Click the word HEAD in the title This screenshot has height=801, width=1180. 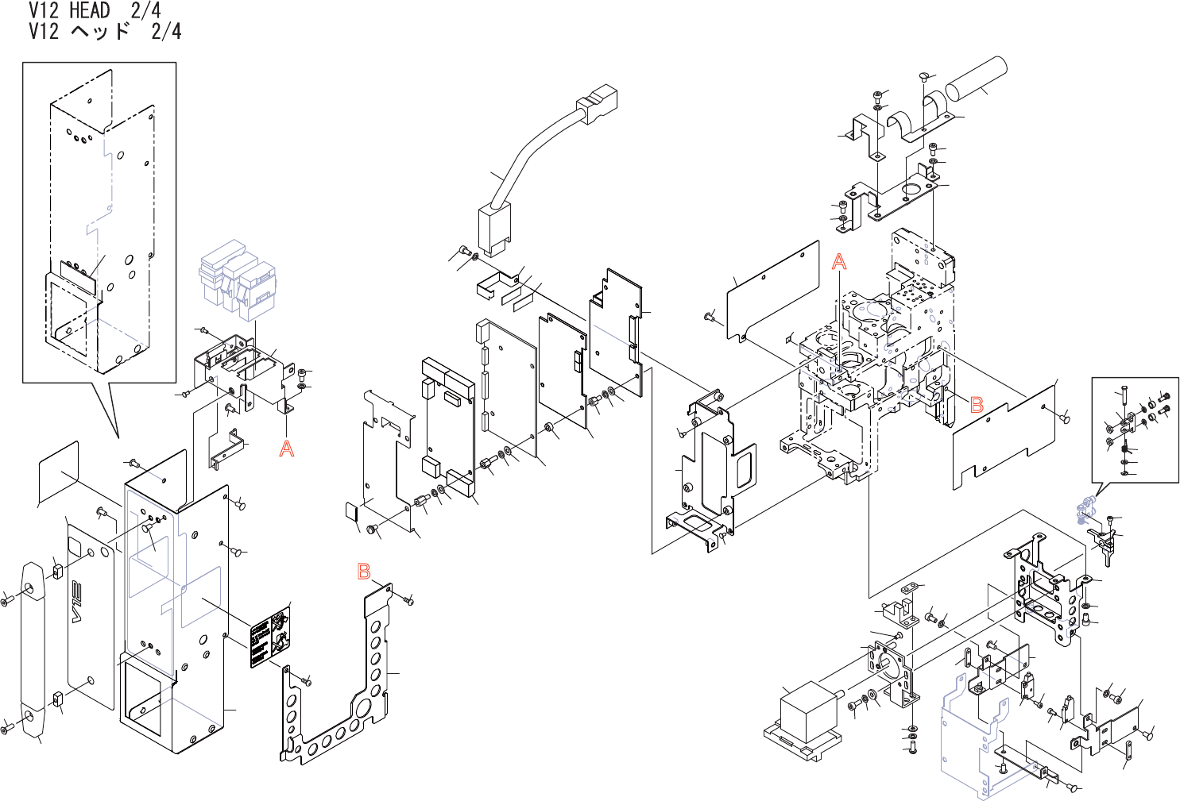pyautogui.click(x=89, y=10)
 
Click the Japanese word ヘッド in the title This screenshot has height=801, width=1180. pyautogui.click(x=100, y=31)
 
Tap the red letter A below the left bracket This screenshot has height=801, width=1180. pyautogui.click(x=287, y=449)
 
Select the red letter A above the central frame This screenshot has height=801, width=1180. pyautogui.click(x=839, y=262)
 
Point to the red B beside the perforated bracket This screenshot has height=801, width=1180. pyautogui.click(x=364, y=571)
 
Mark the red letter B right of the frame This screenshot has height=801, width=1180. pyautogui.click(x=977, y=404)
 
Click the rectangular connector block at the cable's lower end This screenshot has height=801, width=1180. pyautogui.click(x=493, y=229)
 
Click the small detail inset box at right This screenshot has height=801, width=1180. pyautogui.click(x=1135, y=429)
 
